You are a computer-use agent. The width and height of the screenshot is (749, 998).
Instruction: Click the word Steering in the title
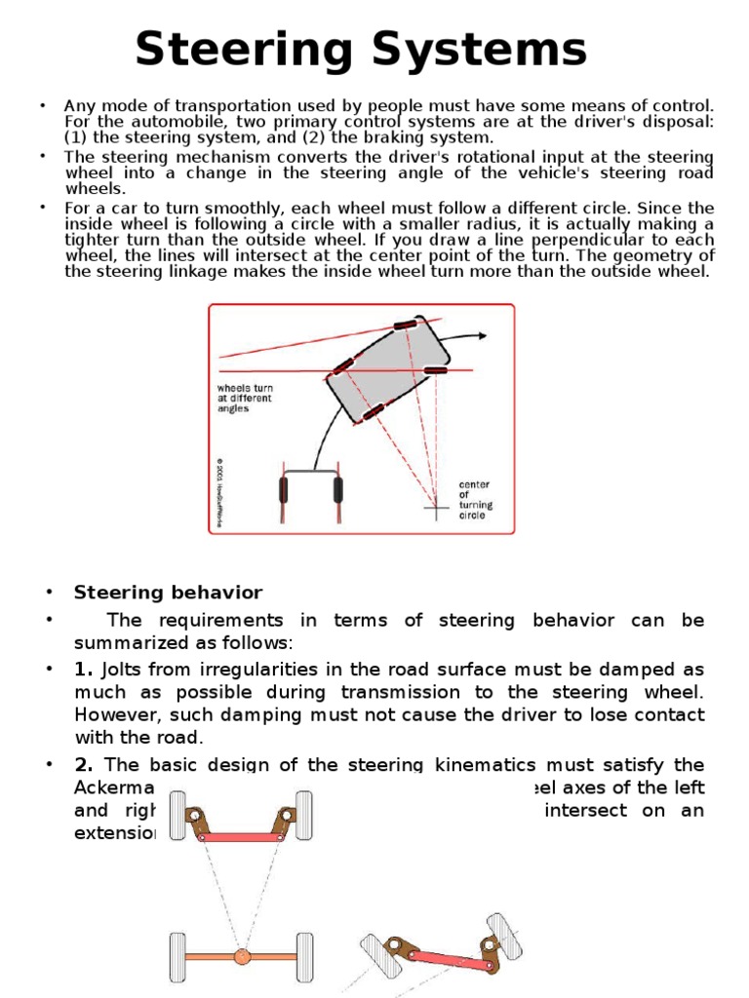point(254,49)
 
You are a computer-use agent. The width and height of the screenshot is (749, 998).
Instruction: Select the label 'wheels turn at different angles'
point(245,398)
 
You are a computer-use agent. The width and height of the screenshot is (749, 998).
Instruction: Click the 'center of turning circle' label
point(475,500)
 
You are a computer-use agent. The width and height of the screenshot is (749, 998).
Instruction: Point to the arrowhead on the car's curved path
point(483,335)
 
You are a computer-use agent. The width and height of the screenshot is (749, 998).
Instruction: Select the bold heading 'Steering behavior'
point(168,593)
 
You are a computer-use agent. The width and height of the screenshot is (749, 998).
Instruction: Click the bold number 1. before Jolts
point(82,671)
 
